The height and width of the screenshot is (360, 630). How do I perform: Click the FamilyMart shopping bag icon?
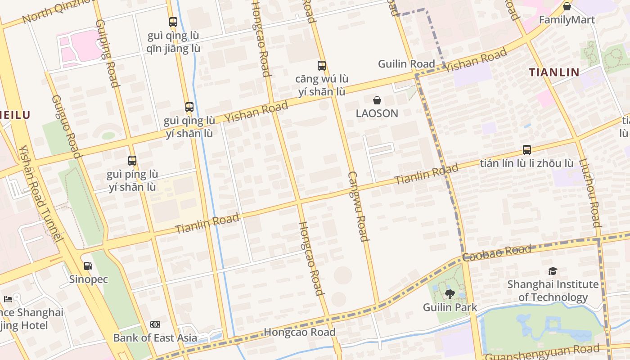click(x=567, y=6)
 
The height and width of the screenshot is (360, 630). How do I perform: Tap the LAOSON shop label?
click(x=377, y=113)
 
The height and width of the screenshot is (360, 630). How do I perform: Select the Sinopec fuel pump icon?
click(x=88, y=266)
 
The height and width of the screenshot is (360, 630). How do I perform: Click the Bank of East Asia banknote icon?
click(x=155, y=324)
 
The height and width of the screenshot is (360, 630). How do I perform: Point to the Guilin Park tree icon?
click(x=450, y=294)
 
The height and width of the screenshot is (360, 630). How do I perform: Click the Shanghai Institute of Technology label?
click(x=553, y=291)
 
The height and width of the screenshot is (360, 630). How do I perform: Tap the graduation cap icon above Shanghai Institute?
click(x=553, y=271)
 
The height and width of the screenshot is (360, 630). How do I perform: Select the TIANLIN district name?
click(x=554, y=72)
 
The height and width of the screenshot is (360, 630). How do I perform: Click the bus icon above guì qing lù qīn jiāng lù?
click(x=173, y=22)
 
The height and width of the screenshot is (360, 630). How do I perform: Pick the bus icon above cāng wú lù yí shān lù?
click(x=322, y=66)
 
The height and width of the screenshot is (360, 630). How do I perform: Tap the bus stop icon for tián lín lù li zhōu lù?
click(x=526, y=150)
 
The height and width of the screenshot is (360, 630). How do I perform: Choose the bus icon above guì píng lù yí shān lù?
click(x=132, y=161)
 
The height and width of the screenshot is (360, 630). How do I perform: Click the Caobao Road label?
click(x=497, y=253)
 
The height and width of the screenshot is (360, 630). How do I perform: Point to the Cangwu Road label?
click(x=358, y=207)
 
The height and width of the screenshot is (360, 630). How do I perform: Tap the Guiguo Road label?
click(x=66, y=126)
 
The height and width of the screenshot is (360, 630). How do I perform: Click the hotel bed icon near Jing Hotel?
click(x=8, y=299)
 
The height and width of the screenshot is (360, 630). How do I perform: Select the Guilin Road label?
click(x=406, y=64)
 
